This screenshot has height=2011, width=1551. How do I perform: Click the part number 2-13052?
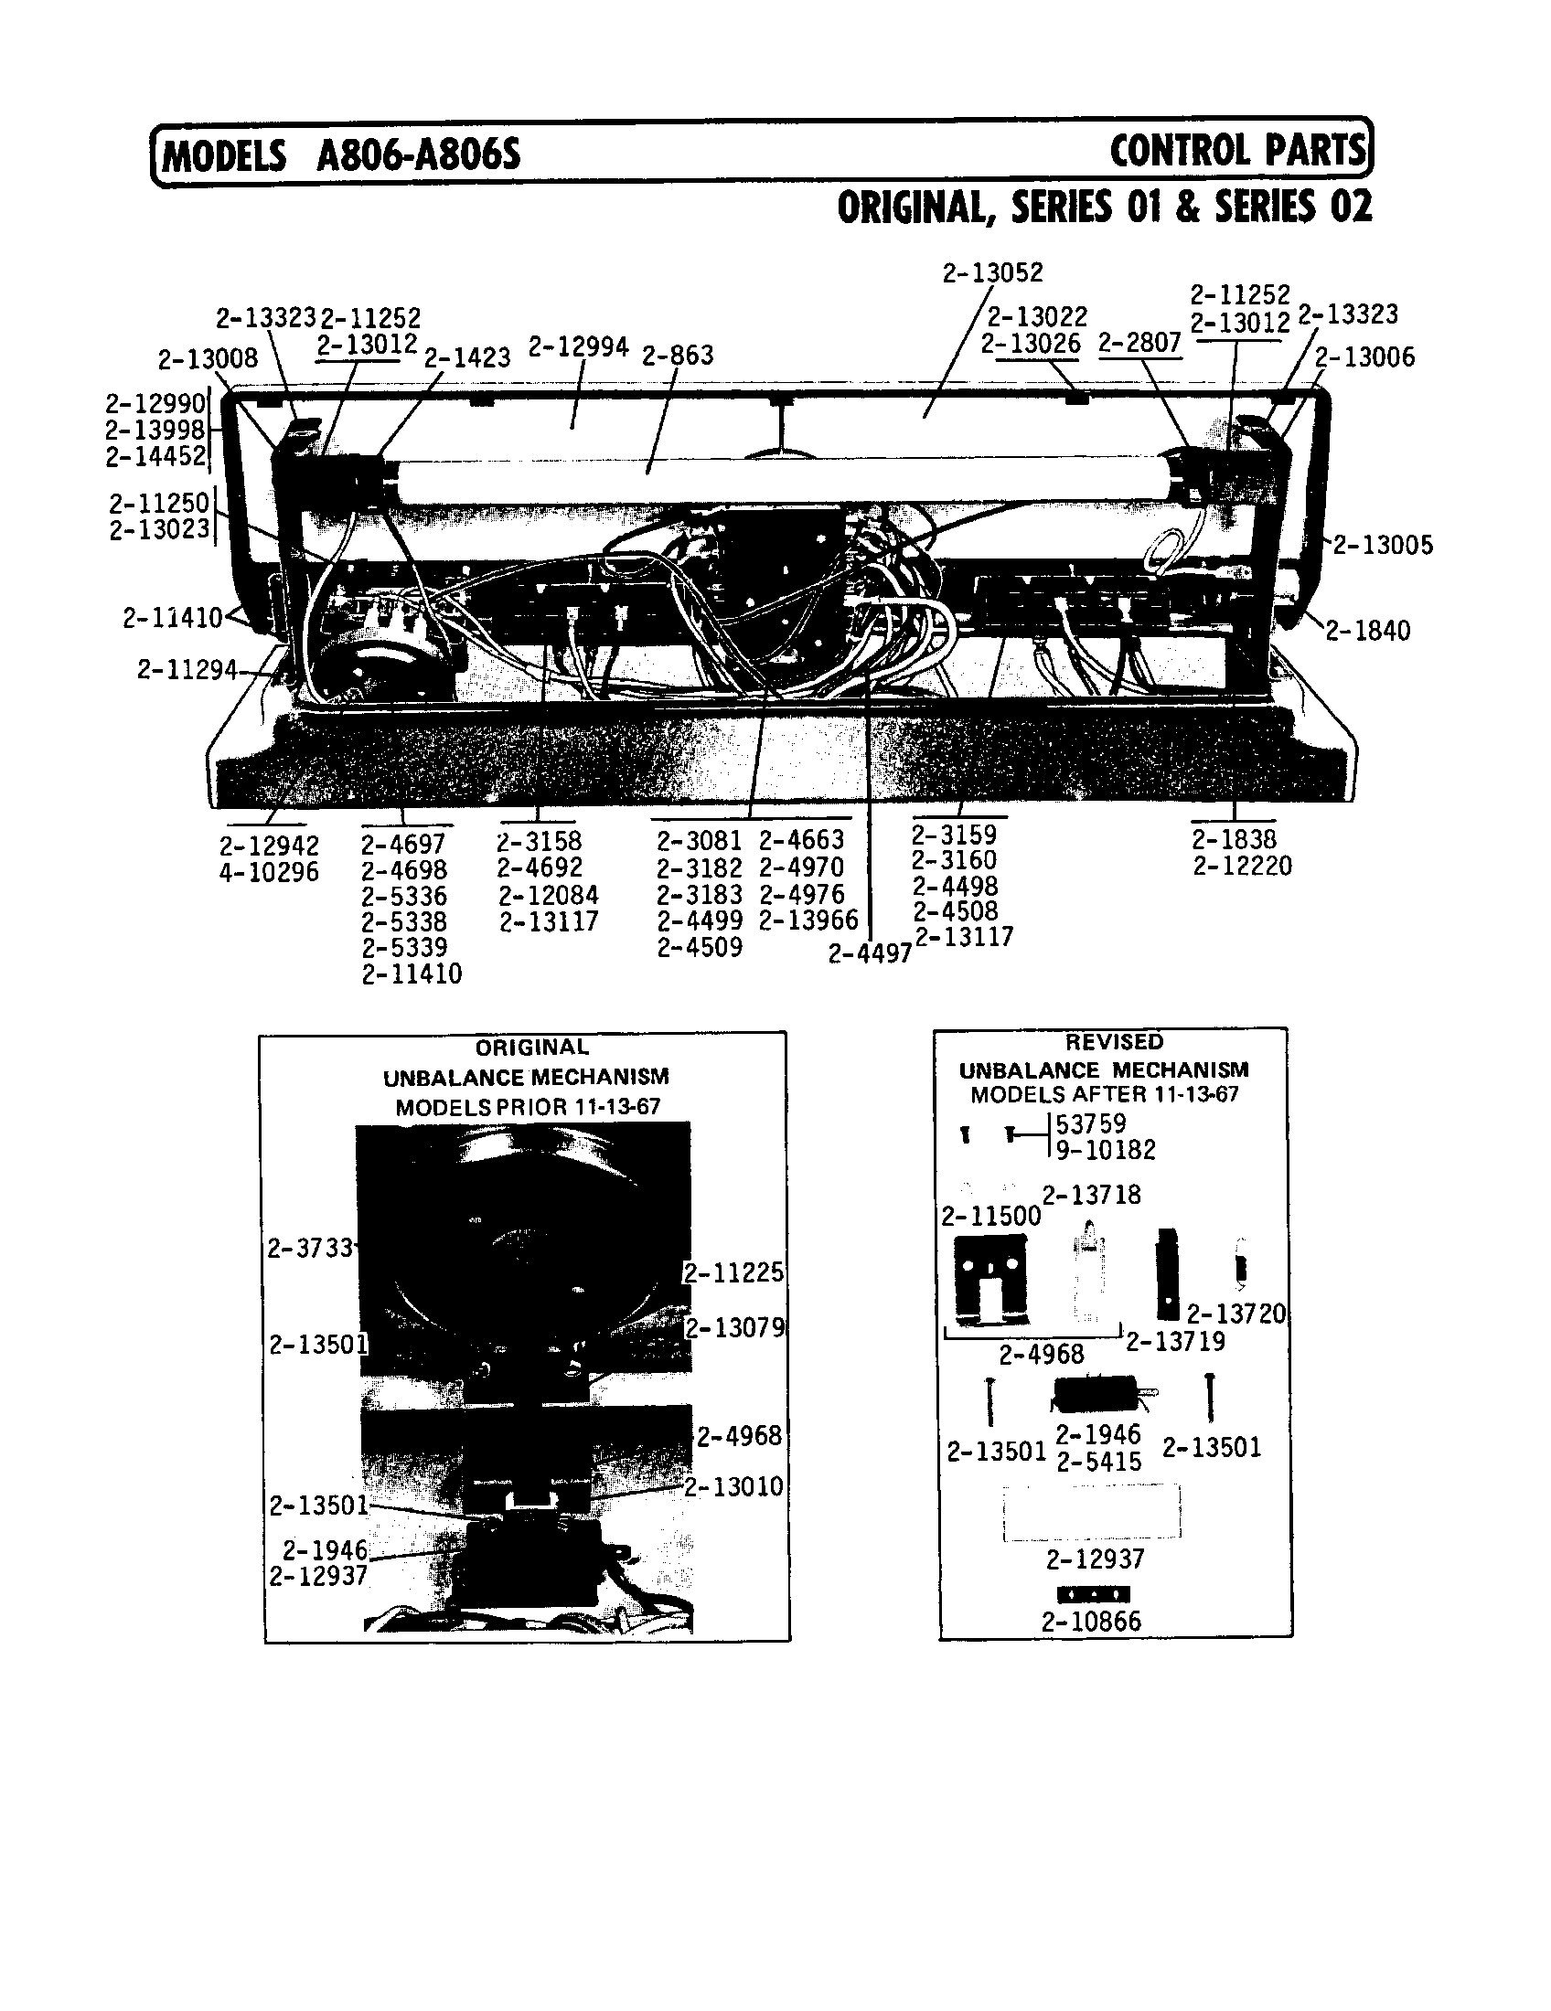pyautogui.click(x=992, y=272)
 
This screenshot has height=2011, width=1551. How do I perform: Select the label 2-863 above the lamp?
pyautogui.click(x=677, y=355)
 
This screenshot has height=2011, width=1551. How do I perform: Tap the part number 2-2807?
pyautogui.click(x=1139, y=343)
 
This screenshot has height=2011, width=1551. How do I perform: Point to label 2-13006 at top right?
pyautogui.click(x=1364, y=356)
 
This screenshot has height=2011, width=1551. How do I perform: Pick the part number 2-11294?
pyautogui.click(x=187, y=669)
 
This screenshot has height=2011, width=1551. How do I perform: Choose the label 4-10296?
pyautogui.click(x=268, y=872)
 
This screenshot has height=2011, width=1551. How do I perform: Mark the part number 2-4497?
pyautogui.click(x=869, y=954)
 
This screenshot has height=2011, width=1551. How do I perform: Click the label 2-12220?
pyautogui.click(x=1243, y=866)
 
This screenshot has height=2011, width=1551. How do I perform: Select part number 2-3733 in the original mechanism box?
pyautogui.click(x=309, y=1248)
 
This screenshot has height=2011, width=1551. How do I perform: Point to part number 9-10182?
pyautogui.click(x=1105, y=1149)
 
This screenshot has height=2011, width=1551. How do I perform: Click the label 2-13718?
pyautogui.click(x=1091, y=1195)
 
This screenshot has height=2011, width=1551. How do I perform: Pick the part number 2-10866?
pyautogui.click(x=1091, y=1621)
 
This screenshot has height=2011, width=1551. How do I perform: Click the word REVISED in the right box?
pyautogui.click(x=1114, y=1041)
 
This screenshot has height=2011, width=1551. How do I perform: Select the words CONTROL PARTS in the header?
pyautogui.click(x=1237, y=150)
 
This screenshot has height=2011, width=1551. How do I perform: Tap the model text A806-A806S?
pyautogui.click(x=418, y=154)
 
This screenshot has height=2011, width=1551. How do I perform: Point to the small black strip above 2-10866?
pyautogui.click(x=1093, y=1594)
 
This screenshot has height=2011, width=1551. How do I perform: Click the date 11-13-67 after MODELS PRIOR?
pyautogui.click(x=616, y=1106)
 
